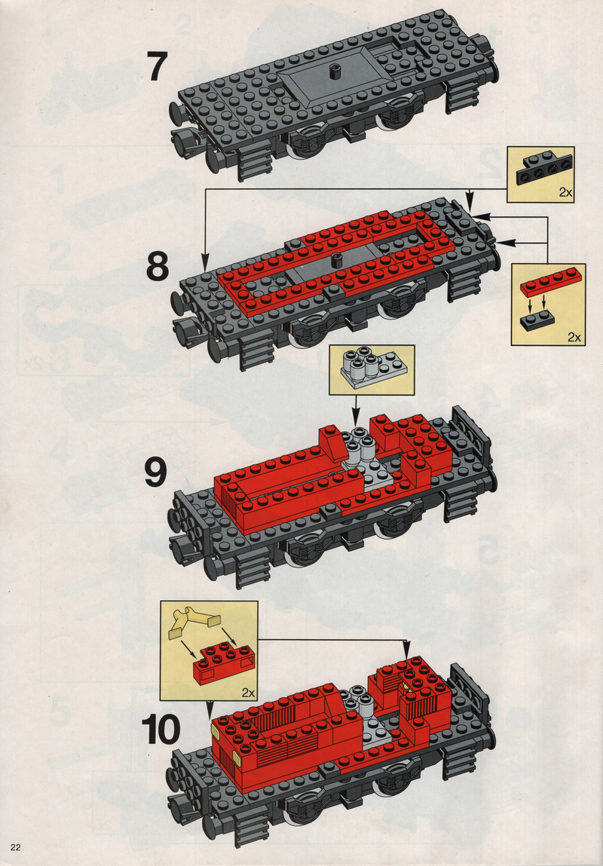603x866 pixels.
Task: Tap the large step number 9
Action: [156, 473]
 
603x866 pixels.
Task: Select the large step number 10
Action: [161, 729]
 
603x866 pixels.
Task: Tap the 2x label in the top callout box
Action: [565, 192]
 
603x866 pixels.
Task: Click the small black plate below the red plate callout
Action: [537, 321]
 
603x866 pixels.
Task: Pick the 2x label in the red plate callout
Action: [574, 337]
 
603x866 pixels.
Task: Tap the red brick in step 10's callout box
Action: [223, 661]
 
